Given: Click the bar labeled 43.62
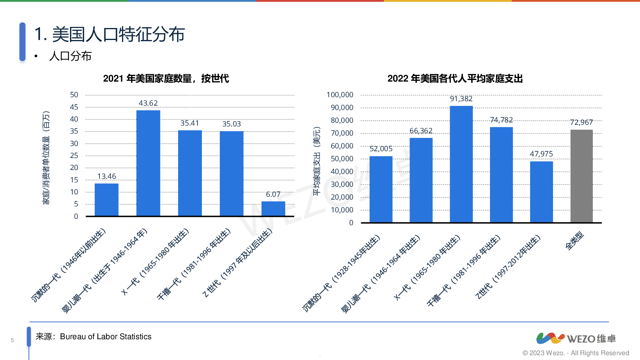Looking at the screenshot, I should (148, 163).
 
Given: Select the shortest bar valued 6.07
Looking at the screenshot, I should (273, 208).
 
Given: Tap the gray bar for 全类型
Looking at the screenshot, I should (581, 176).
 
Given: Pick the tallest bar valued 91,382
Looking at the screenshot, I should (461, 164).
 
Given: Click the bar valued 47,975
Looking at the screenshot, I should (541, 192).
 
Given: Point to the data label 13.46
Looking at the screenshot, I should (106, 176).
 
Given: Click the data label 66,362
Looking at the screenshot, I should (421, 131).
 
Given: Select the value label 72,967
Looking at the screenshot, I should (581, 122).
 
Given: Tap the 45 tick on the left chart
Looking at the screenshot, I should (74, 107).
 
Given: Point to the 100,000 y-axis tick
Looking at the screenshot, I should (340, 95).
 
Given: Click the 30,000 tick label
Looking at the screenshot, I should (342, 184).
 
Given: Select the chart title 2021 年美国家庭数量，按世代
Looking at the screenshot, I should (166, 78).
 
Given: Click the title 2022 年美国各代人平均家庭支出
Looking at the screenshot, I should (455, 78).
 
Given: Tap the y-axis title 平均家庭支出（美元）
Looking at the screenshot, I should (317, 161).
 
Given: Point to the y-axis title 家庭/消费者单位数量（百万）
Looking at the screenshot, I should (46, 158).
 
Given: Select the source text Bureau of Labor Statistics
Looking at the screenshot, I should (106, 337).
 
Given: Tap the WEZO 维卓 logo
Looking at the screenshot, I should (576, 338).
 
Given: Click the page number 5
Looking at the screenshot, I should (12, 340).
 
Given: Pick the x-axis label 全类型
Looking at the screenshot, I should (575, 241).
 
